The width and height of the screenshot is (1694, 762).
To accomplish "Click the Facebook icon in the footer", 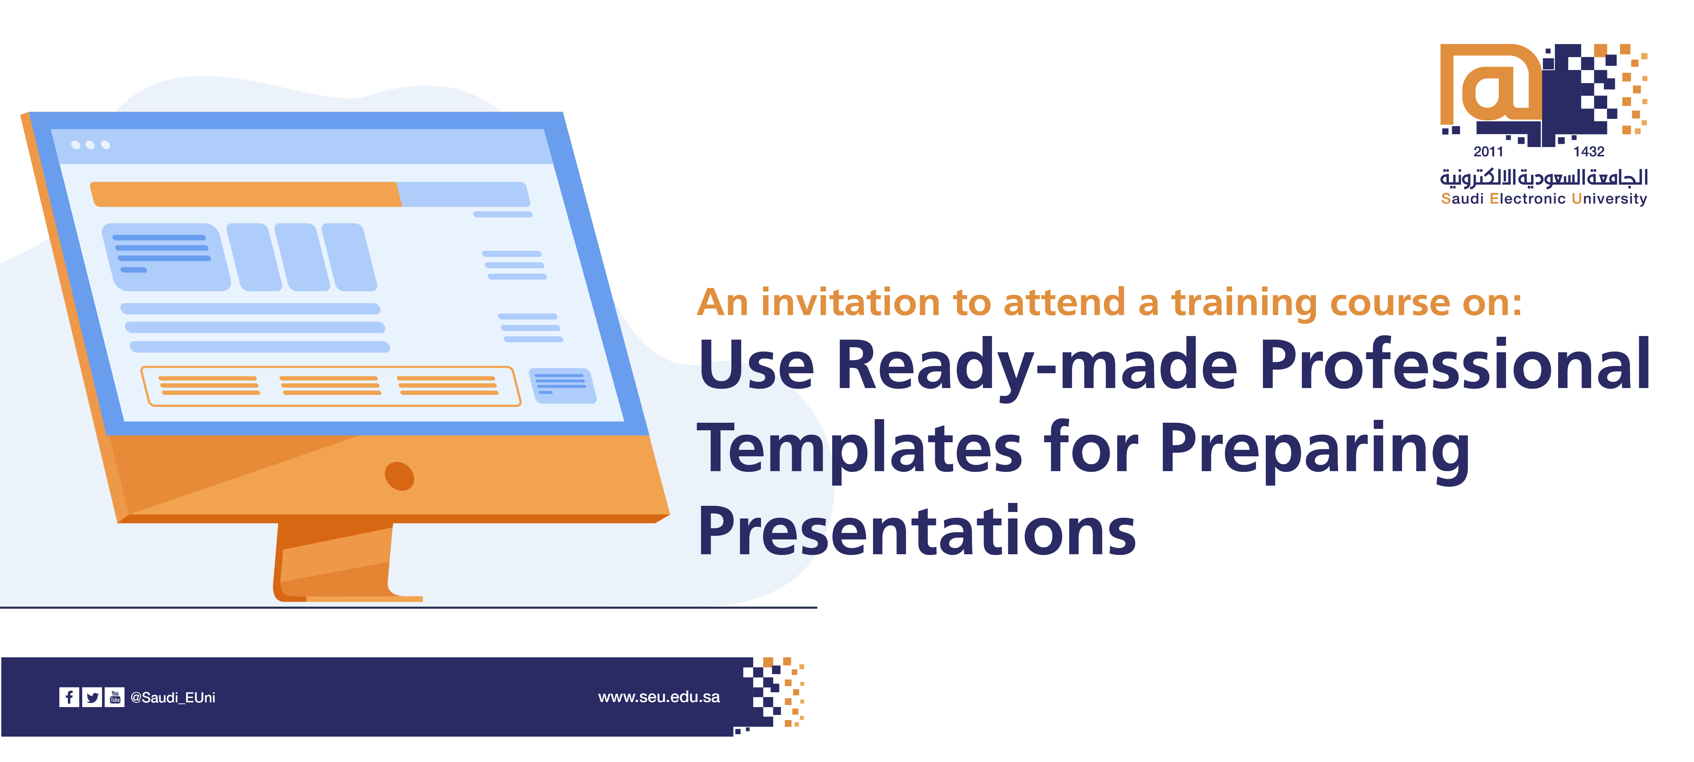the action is [69, 697].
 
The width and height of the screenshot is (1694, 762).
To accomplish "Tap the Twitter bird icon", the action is [92, 697].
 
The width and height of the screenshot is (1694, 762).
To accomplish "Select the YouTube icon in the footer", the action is [115, 697].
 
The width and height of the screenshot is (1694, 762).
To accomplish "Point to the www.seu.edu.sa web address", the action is [659, 697].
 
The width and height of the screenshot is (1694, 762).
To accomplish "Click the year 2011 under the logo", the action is [1488, 152].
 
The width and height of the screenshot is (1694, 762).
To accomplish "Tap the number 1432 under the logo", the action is [1589, 152].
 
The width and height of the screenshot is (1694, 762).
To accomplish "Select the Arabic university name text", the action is [1544, 177].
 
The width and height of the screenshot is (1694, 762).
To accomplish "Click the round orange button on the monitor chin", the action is [399, 476].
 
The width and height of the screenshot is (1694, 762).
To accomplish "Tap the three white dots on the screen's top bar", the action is [90, 145].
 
